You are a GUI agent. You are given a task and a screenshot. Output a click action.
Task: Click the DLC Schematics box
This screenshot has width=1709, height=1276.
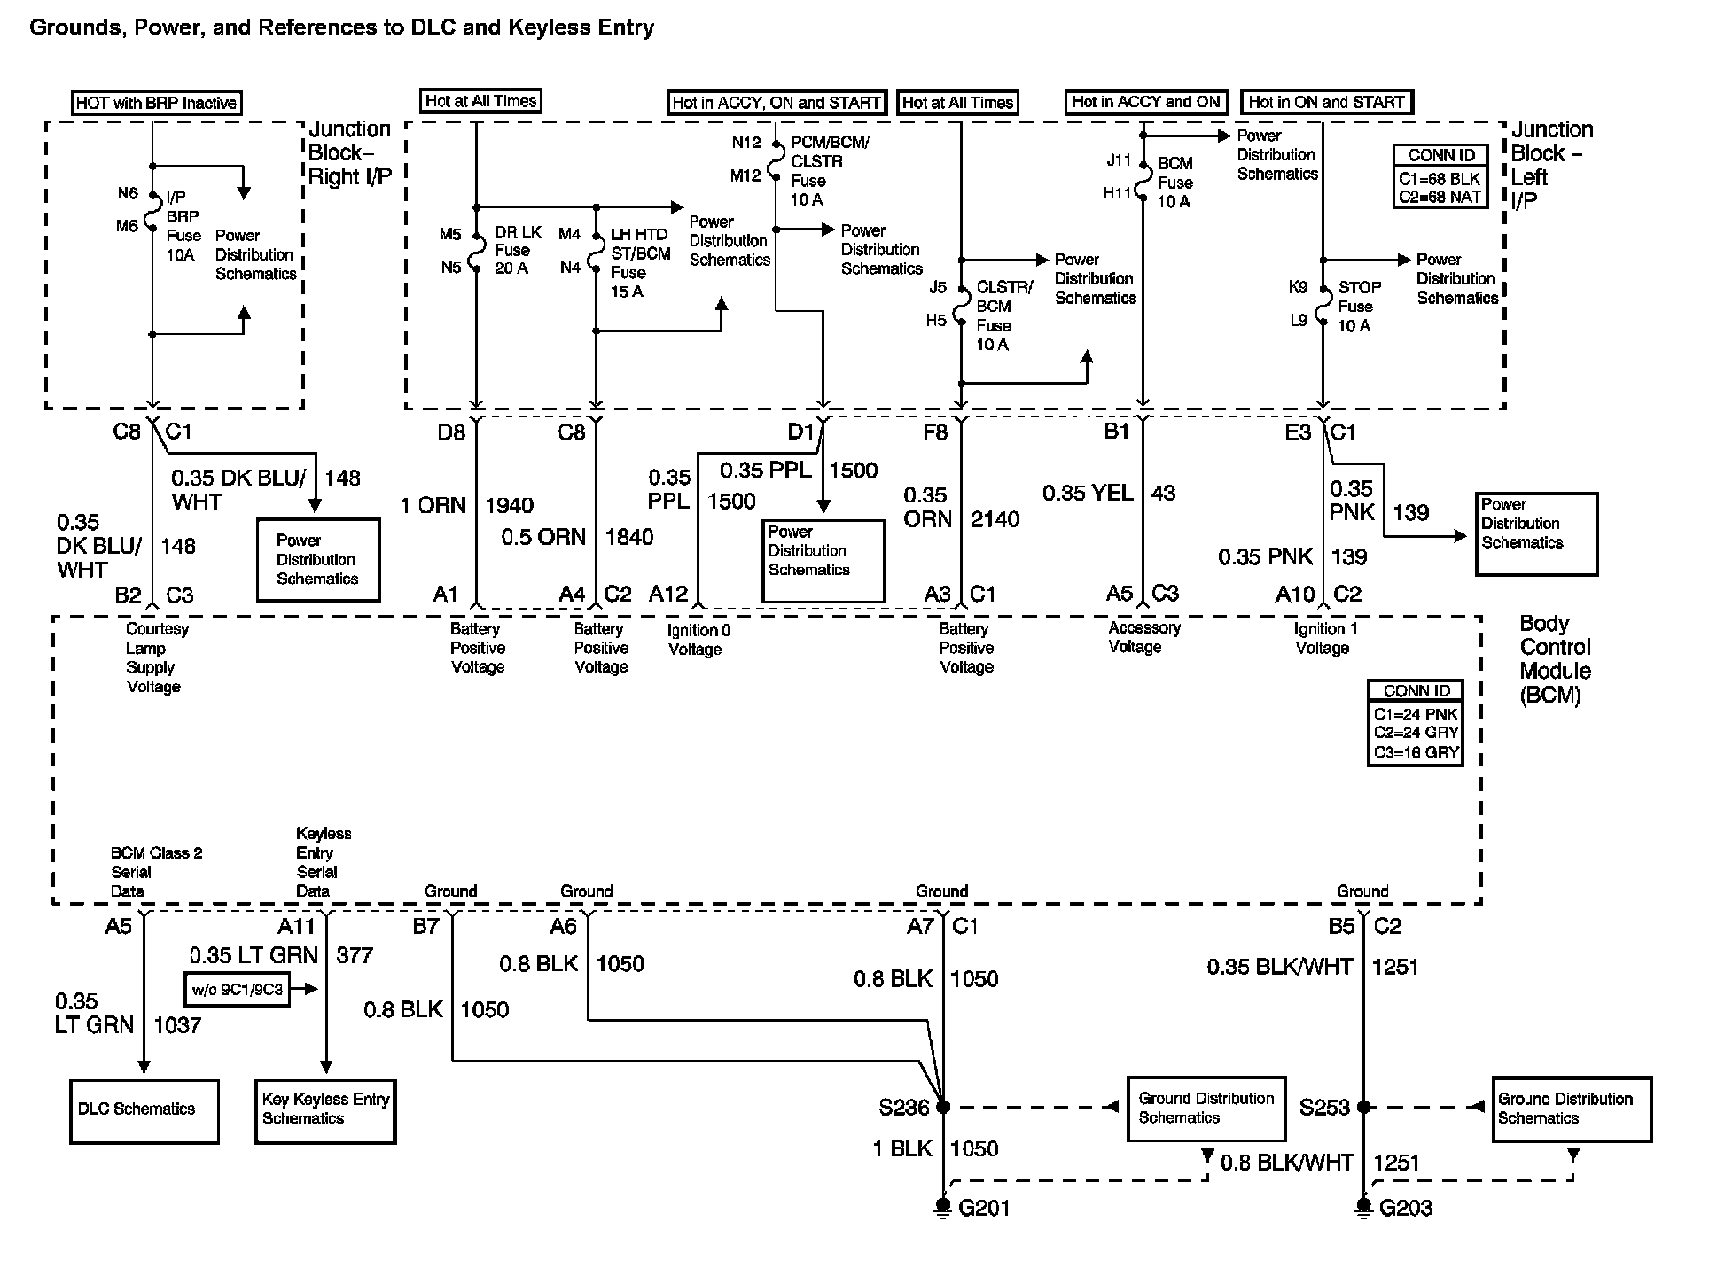144,1111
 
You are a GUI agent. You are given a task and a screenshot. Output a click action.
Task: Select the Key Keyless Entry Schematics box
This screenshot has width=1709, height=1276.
324,1111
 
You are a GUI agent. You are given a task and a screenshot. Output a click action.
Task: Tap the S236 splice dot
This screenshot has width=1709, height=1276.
943,1107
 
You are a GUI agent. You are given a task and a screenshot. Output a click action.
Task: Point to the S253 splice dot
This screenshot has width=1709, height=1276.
1364,1107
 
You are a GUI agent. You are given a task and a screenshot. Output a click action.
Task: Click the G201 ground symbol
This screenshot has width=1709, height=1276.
944,1209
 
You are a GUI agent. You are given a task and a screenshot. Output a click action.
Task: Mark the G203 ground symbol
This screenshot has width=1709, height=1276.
1364,1209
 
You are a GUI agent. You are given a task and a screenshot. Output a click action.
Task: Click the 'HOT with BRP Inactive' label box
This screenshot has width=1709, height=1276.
156,103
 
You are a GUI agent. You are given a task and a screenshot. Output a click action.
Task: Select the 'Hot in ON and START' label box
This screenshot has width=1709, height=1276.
1326,102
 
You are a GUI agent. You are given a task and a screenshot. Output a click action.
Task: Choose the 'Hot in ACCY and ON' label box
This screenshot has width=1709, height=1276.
1145,102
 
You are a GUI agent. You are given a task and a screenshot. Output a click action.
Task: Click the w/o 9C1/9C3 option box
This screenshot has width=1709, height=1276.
238,989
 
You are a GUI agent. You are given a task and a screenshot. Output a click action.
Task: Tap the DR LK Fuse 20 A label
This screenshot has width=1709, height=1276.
518,250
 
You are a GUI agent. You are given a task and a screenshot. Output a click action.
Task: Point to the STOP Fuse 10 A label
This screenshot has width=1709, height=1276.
1358,307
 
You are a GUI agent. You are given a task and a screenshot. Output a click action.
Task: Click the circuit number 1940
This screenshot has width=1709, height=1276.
509,506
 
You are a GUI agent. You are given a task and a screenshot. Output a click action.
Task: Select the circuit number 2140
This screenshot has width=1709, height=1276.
995,519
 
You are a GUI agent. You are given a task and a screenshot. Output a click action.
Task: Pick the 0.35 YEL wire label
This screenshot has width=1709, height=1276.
1087,494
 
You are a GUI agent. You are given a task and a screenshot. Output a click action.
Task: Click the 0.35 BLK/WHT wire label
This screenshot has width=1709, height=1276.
1279,968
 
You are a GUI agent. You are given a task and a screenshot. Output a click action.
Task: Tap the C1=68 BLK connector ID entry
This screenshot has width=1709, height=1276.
1440,179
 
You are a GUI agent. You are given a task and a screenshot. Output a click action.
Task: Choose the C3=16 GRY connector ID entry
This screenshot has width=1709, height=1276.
1416,752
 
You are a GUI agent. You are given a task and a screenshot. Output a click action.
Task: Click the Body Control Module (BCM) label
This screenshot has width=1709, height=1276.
1555,659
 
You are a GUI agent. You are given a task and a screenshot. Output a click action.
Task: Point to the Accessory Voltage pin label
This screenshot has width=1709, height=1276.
1143,637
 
